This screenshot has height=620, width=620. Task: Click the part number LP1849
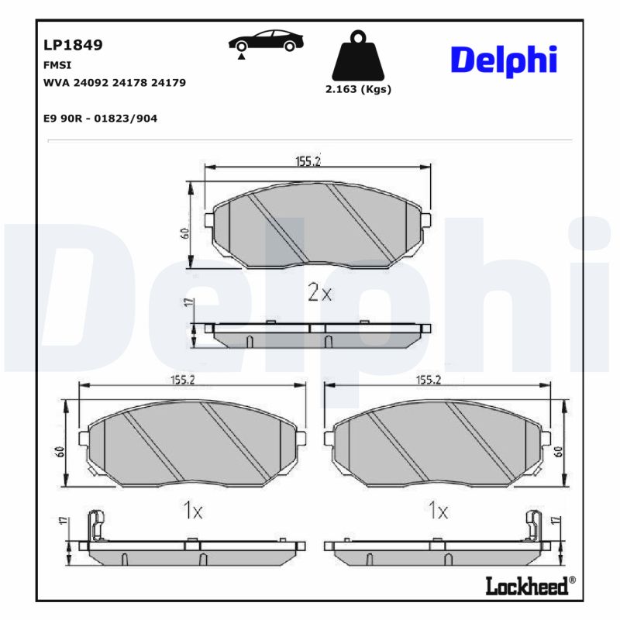coord(74,45)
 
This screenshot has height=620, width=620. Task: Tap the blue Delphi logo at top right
coord(504,60)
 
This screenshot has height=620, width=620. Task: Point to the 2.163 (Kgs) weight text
coord(357,89)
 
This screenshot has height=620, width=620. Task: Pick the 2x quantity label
coord(319,292)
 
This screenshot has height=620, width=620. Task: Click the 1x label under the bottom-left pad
coord(192,511)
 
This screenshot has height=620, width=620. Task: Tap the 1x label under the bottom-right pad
coord(438,511)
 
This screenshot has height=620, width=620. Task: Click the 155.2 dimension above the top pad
coord(308,161)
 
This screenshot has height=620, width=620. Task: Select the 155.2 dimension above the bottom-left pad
coord(183,380)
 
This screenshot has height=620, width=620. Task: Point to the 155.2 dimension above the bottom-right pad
coord(429,380)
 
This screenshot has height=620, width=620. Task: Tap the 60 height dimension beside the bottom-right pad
coord(557,452)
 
